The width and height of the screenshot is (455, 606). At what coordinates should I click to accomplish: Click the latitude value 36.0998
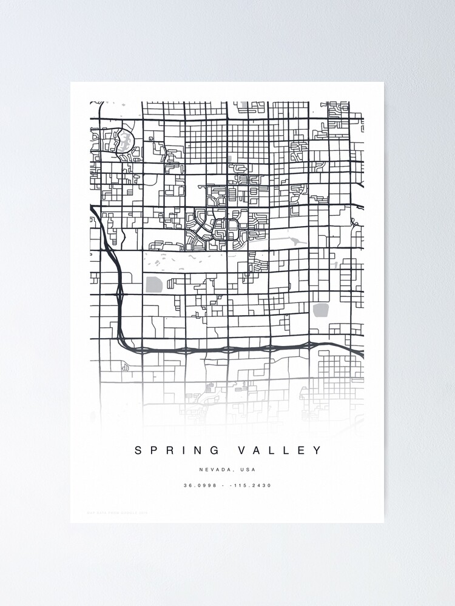200,485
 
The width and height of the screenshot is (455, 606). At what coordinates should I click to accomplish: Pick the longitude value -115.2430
255,485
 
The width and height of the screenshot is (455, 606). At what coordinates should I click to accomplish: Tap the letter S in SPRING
138,450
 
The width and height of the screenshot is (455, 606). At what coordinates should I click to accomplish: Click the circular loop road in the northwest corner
124,141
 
